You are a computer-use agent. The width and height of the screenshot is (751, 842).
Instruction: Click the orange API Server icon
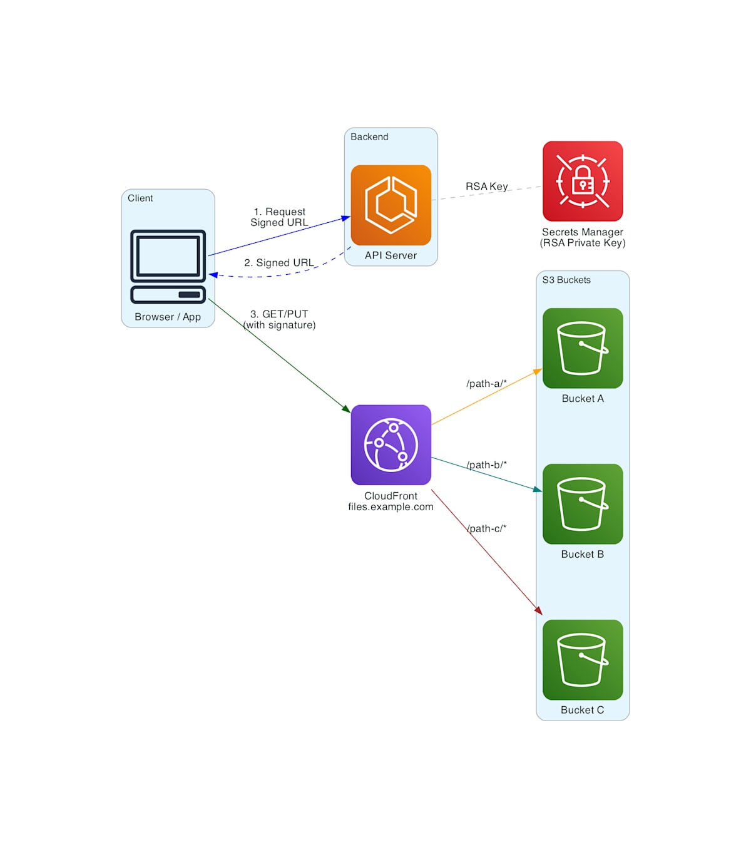coord(391,205)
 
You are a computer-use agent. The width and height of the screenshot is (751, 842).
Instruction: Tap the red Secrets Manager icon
coord(582,181)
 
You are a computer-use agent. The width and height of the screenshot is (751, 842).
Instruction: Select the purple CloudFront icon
coord(391,444)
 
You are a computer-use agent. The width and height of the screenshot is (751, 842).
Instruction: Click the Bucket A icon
coord(582,348)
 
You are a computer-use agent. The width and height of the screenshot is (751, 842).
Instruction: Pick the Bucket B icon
coord(582,504)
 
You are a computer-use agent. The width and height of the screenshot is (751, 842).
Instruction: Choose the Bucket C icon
coord(582,660)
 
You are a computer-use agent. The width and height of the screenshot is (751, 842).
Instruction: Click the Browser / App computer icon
coord(168,267)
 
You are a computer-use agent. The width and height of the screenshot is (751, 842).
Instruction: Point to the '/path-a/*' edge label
coord(486,384)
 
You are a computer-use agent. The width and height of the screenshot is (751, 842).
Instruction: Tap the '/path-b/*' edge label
coord(486,465)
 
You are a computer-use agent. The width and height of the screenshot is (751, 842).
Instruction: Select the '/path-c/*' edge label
coord(486,528)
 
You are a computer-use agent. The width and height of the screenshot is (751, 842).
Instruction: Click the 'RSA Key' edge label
coord(486,186)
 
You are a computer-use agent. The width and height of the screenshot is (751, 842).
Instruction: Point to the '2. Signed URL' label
coord(279,263)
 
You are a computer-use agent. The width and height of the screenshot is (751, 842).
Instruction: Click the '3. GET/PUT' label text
coord(279,314)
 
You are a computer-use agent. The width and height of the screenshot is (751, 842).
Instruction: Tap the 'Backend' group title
coord(369,136)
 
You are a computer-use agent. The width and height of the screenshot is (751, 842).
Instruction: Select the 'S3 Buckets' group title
coord(566,280)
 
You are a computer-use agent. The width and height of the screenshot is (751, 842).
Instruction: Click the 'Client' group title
coord(140,198)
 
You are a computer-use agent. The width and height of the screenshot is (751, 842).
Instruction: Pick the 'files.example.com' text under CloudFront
coord(391,506)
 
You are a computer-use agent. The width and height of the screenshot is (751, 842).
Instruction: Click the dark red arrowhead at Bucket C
coord(539,610)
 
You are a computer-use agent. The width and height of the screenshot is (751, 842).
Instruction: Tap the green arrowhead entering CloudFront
coord(347,409)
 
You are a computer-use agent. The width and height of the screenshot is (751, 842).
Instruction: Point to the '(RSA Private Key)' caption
coord(582,243)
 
